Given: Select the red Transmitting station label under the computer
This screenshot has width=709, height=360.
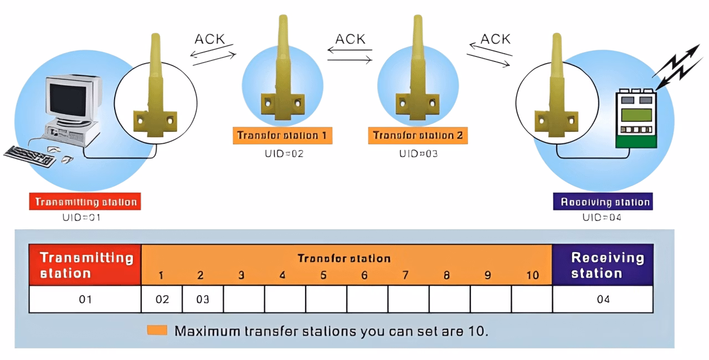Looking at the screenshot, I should click(x=85, y=202).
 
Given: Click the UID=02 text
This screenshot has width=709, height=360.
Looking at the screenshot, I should click(x=284, y=153).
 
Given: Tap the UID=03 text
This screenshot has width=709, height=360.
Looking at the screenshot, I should click(x=418, y=153).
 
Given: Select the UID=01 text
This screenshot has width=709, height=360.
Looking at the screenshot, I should click(x=81, y=218).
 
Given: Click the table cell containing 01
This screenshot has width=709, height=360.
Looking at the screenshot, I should click(x=85, y=300).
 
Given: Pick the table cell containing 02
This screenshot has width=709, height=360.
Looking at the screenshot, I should click(x=162, y=300).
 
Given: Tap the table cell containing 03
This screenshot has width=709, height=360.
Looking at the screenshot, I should click(x=203, y=300).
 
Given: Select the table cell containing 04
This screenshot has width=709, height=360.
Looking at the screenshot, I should click(x=603, y=300).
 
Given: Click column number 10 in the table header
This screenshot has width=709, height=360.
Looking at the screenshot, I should click(x=532, y=275).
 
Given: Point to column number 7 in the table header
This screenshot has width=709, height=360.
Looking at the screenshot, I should click(x=405, y=275).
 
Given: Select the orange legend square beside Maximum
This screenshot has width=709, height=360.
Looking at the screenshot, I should click(x=157, y=331).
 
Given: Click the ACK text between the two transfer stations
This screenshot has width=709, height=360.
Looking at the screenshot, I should click(x=350, y=39).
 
